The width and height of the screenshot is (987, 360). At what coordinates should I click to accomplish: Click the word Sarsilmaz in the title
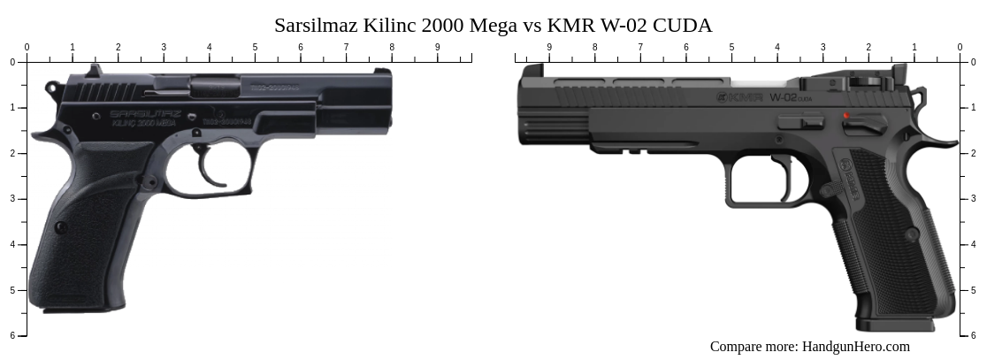click(x=315, y=25)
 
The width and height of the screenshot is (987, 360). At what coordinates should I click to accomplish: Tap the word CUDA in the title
click(x=682, y=25)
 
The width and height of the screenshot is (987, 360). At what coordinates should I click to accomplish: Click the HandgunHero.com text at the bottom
click(x=855, y=347)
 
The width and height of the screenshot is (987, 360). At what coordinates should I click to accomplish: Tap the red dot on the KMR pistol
click(x=846, y=116)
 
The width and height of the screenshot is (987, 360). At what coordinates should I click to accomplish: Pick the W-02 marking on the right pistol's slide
click(x=783, y=97)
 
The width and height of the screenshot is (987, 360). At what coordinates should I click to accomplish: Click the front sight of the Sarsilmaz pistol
click(x=382, y=72)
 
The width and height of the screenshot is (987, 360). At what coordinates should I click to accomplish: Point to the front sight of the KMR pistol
click(x=532, y=70)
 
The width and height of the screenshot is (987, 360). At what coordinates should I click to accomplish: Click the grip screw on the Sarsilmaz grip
click(x=61, y=227)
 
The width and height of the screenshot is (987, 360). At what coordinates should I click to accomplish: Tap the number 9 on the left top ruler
click(x=437, y=47)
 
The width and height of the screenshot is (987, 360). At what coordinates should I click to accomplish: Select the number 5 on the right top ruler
click(x=732, y=47)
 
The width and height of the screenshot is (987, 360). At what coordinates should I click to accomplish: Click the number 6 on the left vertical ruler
click(x=12, y=335)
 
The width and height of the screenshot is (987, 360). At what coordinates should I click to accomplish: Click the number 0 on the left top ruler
click(x=27, y=47)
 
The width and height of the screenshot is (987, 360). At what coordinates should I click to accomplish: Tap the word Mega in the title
click(x=493, y=25)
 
